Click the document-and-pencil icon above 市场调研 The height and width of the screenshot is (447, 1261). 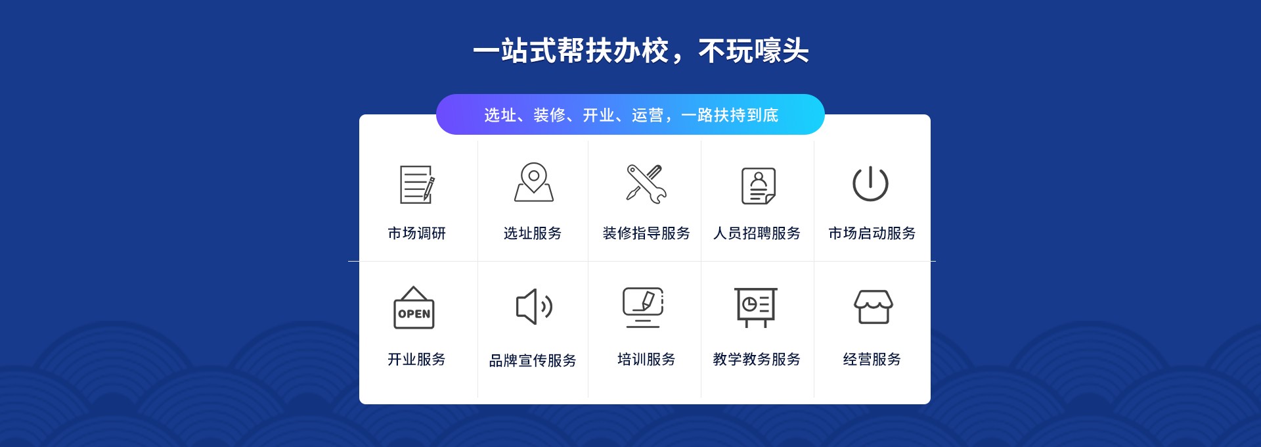pyautogui.click(x=417, y=185)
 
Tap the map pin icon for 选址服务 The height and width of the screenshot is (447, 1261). pyautogui.click(x=533, y=182)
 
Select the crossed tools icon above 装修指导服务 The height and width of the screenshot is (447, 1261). pyautogui.click(x=646, y=183)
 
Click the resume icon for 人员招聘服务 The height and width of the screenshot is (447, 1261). pyautogui.click(x=759, y=185)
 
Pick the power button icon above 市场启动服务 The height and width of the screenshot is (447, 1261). pyautogui.click(x=870, y=183)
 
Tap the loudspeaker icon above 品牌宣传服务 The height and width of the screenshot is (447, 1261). pyautogui.click(x=533, y=306)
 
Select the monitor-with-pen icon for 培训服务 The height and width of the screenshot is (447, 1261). pyautogui.click(x=643, y=307)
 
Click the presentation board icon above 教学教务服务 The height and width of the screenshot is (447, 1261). pyautogui.click(x=756, y=307)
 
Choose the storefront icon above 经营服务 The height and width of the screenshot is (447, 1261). pyautogui.click(x=873, y=307)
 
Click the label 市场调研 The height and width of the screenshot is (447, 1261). pyautogui.click(x=416, y=233)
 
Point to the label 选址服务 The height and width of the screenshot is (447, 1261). pyautogui.click(x=533, y=233)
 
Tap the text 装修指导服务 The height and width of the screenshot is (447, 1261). pyautogui.click(x=646, y=233)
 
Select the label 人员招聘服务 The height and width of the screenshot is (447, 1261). pyautogui.click(x=757, y=233)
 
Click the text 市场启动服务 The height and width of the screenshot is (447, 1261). pyautogui.click(x=872, y=233)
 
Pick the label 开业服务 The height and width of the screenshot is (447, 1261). pyautogui.click(x=416, y=360)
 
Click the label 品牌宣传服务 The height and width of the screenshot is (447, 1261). pyautogui.click(x=533, y=361)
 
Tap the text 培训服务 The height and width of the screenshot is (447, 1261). pyautogui.click(x=646, y=360)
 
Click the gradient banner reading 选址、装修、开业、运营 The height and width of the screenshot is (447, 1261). pyautogui.click(x=630, y=115)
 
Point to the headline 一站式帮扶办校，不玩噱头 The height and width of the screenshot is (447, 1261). pyautogui.click(x=640, y=51)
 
